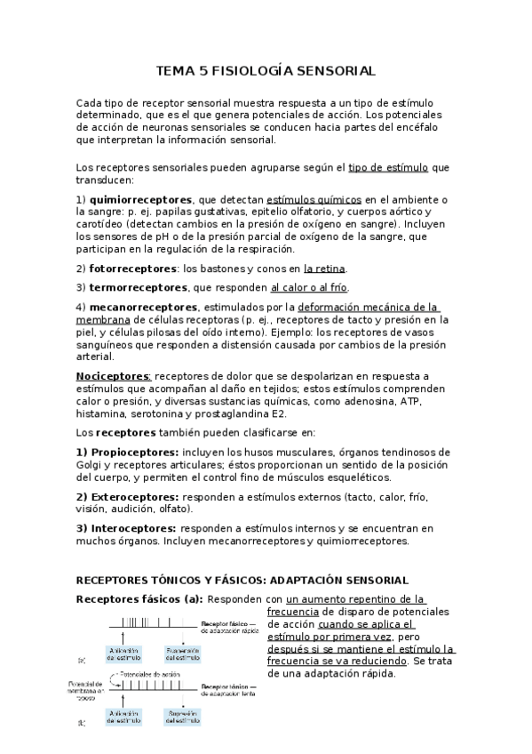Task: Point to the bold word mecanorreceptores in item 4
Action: pyautogui.click(x=144, y=307)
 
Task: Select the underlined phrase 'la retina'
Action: pyautogui.click(x=325, y=268)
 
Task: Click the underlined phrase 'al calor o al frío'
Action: pyautogui.click(x=310, y=287)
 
